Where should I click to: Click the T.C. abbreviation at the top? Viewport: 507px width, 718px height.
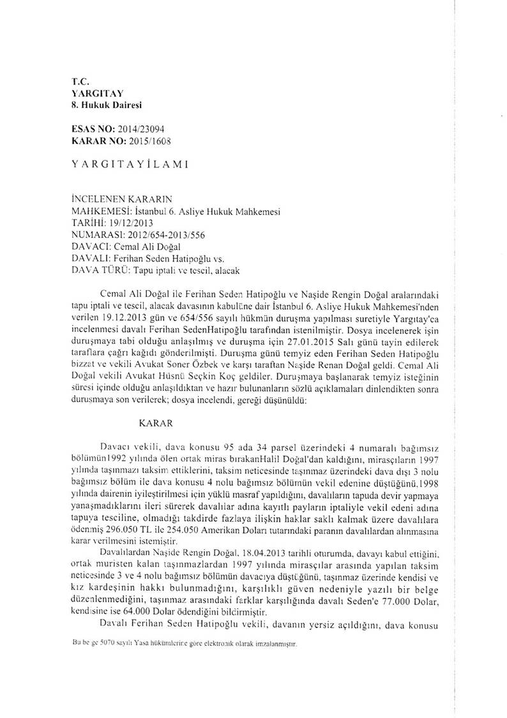(80, 82)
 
